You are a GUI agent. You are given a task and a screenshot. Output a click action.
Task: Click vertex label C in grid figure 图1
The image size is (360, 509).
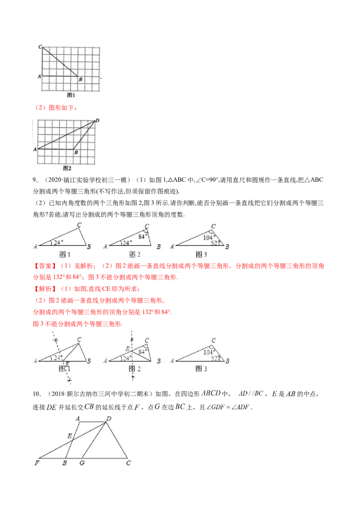pos(40,46)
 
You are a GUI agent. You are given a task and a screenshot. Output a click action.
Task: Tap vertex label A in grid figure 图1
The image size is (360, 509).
pos(40,77)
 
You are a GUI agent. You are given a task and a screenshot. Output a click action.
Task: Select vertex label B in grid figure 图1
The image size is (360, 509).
pos(80,80)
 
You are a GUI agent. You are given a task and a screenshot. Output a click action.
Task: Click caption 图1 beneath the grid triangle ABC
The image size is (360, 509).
pos(71,95)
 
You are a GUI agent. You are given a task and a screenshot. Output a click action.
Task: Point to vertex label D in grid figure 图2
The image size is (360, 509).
pos(97,121)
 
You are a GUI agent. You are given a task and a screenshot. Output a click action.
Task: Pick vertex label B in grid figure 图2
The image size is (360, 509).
pos(76,153)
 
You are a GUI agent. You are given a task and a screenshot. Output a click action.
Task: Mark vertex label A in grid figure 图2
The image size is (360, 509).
pos(35,148)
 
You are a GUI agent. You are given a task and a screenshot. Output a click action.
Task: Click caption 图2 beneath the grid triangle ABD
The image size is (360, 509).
pos(67,168)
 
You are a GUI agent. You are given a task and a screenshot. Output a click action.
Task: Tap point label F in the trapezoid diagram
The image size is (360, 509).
pos(36,463)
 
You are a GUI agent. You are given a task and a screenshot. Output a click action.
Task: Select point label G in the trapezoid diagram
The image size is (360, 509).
pos(81,463)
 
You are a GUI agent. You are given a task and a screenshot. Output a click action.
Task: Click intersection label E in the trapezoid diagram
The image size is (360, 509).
pos(69,436)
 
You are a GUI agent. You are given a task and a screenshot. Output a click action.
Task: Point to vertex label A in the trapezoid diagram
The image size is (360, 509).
pos(78,419)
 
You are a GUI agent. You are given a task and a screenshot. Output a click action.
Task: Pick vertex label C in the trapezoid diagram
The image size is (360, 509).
pos(129,463)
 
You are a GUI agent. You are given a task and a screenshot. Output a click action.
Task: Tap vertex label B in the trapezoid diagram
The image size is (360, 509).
pos(65,463)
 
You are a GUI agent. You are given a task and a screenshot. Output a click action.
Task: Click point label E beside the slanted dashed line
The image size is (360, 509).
pos(67,364)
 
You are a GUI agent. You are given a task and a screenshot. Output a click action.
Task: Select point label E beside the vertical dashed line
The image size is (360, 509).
pos(127,349)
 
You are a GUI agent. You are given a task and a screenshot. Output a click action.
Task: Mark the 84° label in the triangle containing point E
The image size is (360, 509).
pos(143,352)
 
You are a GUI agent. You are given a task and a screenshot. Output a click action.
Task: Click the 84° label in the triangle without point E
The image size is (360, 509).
pos(143,237)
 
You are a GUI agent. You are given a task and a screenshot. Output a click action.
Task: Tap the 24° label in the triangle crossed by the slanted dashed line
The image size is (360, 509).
pos(58,358)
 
